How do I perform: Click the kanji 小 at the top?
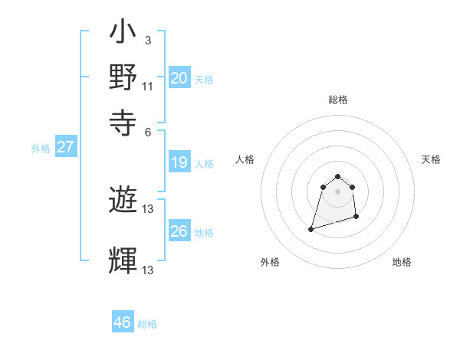123,34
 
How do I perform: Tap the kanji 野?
123,77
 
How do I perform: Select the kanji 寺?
123,120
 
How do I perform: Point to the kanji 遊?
123,201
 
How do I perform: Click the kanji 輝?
123,260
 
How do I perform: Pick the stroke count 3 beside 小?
148,41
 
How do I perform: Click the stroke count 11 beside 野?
148,85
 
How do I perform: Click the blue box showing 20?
179,78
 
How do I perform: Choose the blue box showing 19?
179,162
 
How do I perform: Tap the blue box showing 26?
179,231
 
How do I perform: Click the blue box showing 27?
65,147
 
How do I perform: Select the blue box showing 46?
123,322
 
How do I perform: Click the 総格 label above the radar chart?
337,100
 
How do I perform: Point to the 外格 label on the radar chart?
270,262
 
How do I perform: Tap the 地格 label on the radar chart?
402,262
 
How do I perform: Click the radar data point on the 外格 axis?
311,228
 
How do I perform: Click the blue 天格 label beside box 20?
203,79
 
